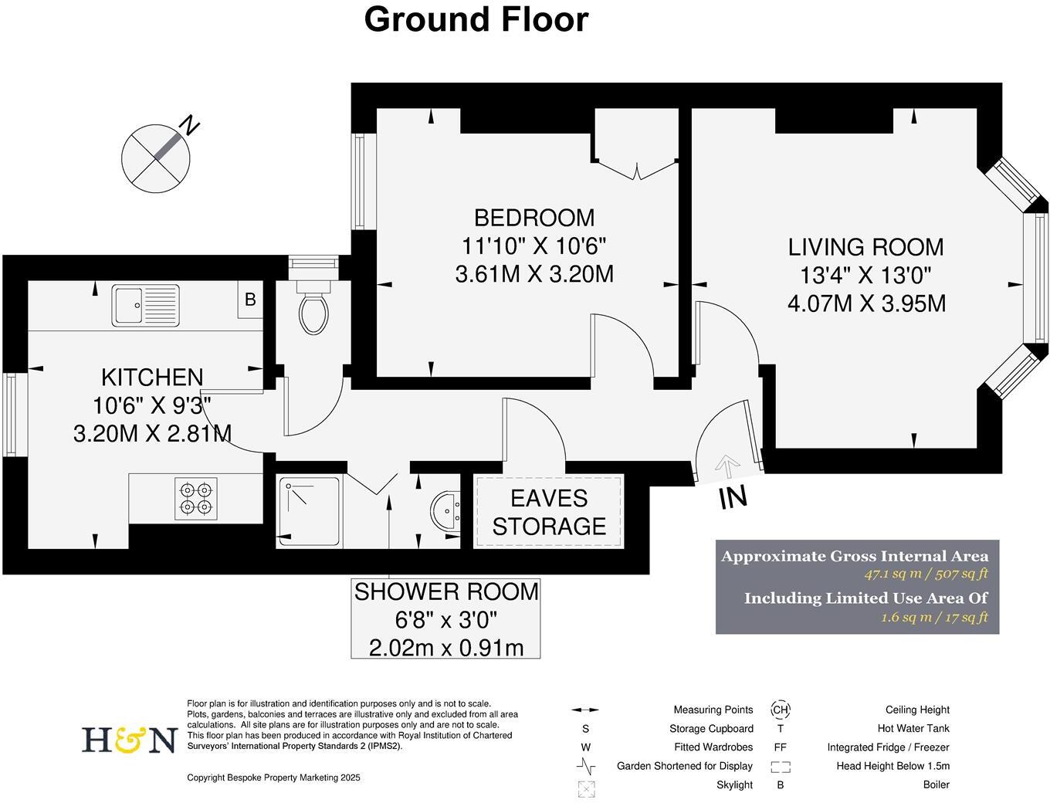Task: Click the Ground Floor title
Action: point(476,19)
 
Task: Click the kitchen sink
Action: point(145,305)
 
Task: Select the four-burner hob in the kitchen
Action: point(195,498)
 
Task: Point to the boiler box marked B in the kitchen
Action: point(249,300)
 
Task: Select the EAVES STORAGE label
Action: point(549,513)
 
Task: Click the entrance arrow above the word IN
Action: point(727,466)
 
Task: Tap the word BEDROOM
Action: point(534,218)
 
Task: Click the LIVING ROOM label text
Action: point(865,247)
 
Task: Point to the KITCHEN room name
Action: point(152,378)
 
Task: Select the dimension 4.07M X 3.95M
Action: point(865,303)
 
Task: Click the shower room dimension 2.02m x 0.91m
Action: point(445,647)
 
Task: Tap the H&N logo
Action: point(130,739)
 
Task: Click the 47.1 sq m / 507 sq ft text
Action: point(925,574)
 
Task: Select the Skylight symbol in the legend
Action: point(587,788)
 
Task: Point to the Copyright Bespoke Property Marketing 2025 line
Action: point(273,778)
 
